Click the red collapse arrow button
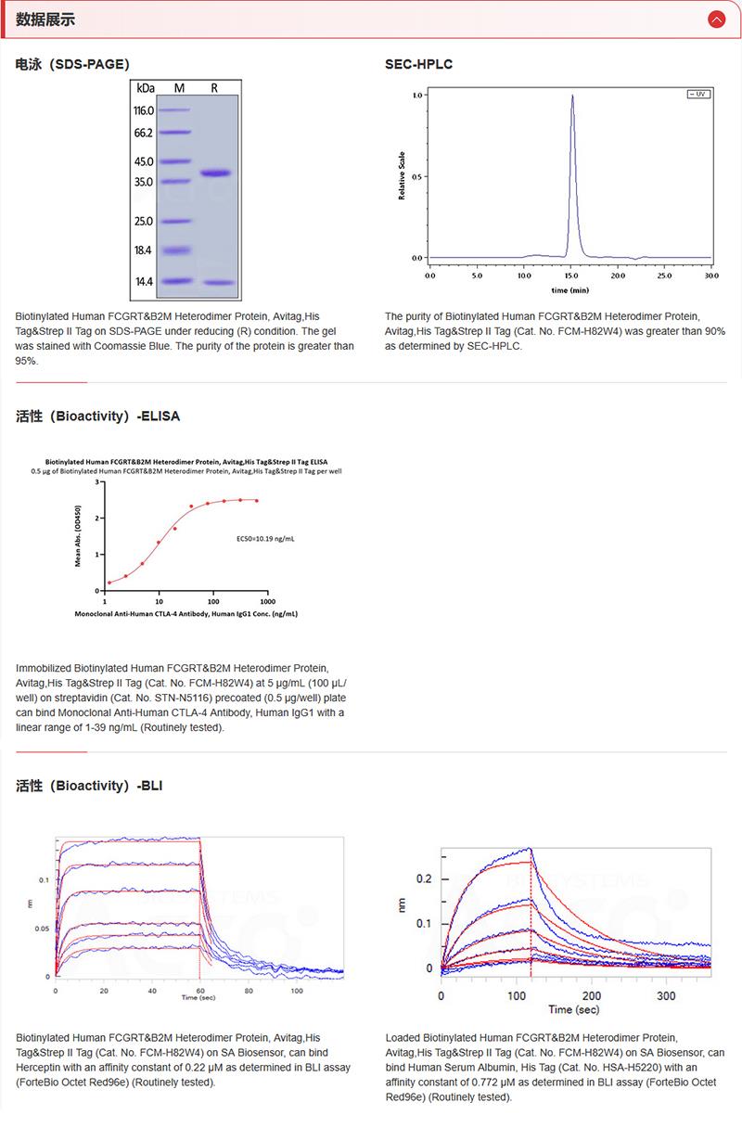(715, 19)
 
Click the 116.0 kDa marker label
(144, 110)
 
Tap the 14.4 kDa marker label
(144, 281)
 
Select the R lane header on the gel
(214, 88)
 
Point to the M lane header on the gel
(179, 88)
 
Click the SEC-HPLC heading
(418, 64)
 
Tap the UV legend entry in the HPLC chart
(697, 94)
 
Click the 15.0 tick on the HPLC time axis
(570, 276)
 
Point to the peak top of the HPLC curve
(572, 96)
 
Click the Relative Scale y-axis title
(402, 175)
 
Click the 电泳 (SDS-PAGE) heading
(72, 64)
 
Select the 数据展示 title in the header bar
(45, 19)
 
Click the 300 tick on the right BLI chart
(666, 994)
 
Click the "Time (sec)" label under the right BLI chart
(574, 1009)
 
